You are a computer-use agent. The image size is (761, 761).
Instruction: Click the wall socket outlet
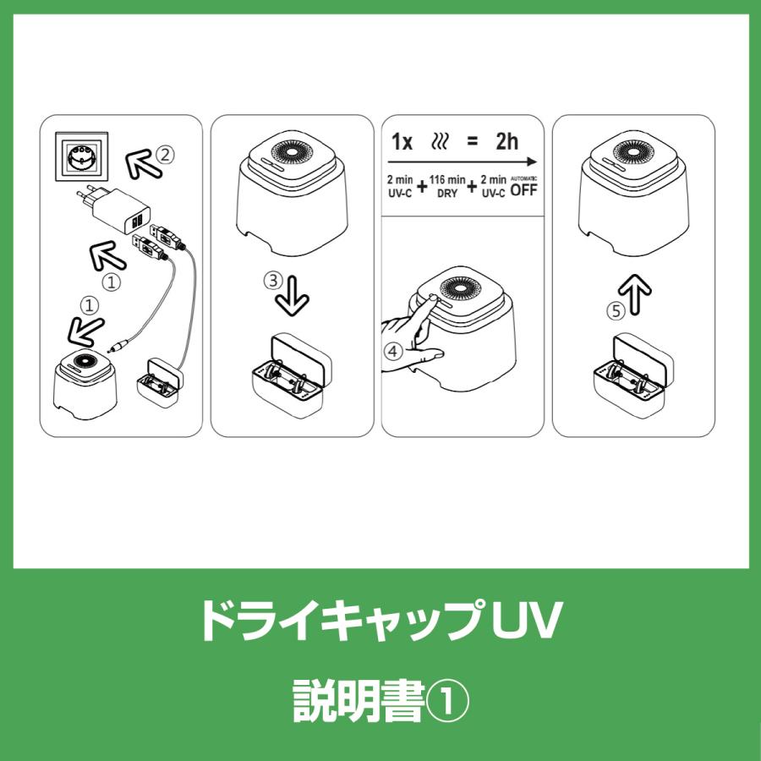point(81,157)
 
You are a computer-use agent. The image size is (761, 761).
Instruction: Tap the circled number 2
point(167,155)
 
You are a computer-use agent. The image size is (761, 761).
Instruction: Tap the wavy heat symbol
point(441,141)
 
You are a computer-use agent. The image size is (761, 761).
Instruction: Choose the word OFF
point(523,190)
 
